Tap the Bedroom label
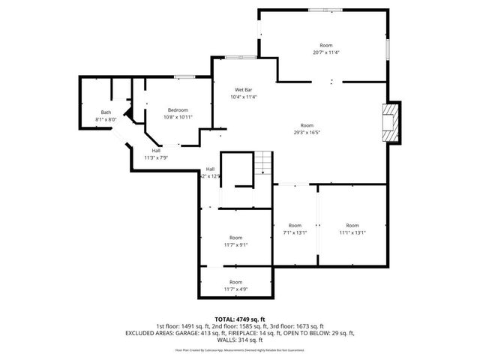178,110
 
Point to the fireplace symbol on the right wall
389,121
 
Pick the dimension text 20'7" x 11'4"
325,52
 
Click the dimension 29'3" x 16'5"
307,132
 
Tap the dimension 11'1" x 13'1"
352,232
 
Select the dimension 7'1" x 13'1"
295,232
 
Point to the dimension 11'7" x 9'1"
235,244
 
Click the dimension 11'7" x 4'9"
235,289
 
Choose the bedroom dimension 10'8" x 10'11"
178,117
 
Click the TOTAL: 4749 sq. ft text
240,319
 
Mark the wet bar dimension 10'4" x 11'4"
244,97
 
